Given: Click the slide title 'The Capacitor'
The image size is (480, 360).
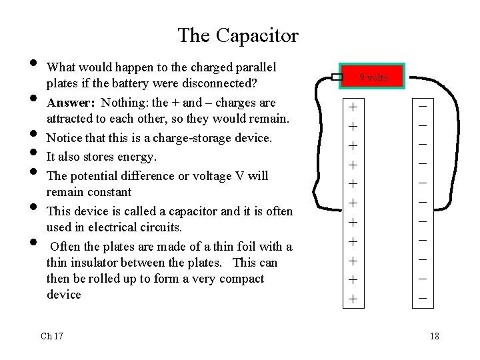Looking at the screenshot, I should pyautogui.click(x=238, y=35).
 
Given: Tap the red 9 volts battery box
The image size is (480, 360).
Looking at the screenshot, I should pyautogui.click(x=373, y=77).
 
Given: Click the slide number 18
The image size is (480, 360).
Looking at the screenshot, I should pyautogui.click(x=435, y=336).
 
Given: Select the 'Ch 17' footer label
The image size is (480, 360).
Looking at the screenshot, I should pyautogui.click(x=52, y=336).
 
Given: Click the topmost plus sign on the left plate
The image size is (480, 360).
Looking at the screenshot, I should pyautogui.click(x=353, y=107).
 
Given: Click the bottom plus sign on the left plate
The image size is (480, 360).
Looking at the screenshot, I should pyautogui.click(x=353, y=300).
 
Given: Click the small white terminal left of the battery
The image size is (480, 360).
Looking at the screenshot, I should pyautogui.click(x=337, y=78).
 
